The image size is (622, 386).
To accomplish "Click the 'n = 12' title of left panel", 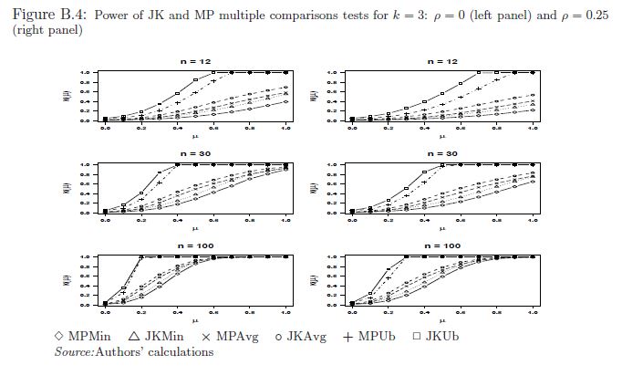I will pos(195,61).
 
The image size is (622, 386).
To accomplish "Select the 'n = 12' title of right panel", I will pos(441,61).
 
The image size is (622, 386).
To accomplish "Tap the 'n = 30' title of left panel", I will pos(195,153).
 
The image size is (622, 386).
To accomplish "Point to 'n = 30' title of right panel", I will pos(441,153).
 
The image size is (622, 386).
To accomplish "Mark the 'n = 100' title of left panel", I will pos(195,245).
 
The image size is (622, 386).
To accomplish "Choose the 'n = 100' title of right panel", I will pos(441,245).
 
